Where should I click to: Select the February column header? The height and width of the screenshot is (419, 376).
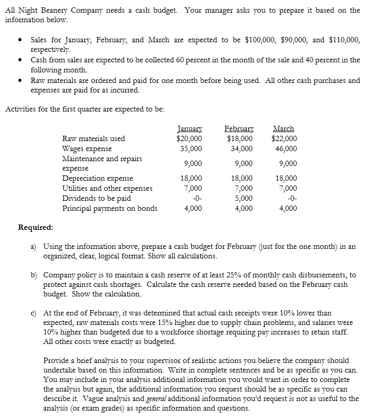click(x=239, y=128)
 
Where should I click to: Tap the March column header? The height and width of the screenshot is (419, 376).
click(x=284, y=128)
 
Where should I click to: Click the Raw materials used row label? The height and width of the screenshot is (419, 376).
click(x=93, y=138)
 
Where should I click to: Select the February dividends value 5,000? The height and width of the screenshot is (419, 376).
click(x=242, y=198)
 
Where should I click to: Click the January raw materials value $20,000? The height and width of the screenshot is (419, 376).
click(x=189, y=138)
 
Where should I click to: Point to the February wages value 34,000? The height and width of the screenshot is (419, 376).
click(x=241, y=148)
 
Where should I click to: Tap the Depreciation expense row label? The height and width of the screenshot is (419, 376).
click(x=98, y=179)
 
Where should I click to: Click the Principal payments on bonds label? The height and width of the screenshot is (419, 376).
click(x=109, y=208)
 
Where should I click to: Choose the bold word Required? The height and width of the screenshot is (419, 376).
click(x=35, y=228)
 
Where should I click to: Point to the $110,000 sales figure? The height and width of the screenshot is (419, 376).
click(x=344, y=40)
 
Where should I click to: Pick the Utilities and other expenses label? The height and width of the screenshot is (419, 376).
click(x=107, y=188)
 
